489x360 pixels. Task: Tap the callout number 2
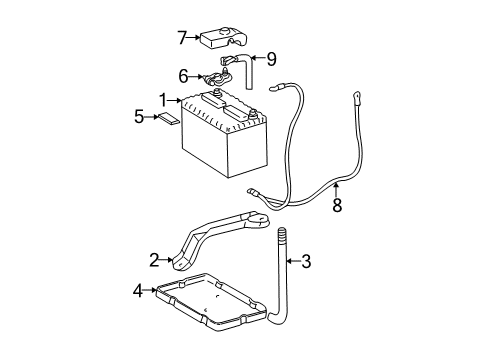coord(155,260)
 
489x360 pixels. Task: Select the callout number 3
coord(307,262)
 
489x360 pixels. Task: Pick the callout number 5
coord(139,117)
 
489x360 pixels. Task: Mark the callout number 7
coord(182,39)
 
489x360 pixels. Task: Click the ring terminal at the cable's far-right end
coord(354,98)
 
